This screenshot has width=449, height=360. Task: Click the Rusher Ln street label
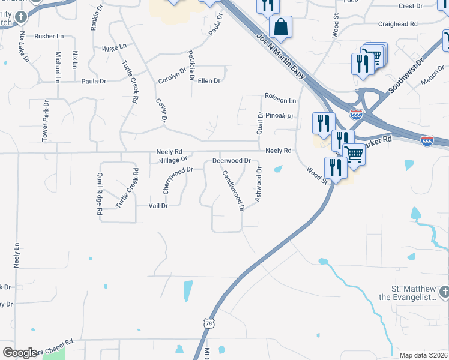[x=49, y=36]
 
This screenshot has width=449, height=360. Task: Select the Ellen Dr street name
[x=209, y=80]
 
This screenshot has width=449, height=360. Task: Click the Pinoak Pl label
[x=279, y=116]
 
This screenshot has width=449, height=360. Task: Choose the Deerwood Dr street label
[x=231, y=161]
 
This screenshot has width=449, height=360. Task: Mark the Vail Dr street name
[x=158, y=205]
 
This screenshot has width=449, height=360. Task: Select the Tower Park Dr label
[x=45, y=121]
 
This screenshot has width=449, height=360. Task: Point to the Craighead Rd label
[x=397, y=24]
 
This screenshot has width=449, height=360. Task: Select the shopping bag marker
[x=280, y=27]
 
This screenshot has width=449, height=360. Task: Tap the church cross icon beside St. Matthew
[x=444, y=292]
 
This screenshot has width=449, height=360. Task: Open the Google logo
[x=20, y=353]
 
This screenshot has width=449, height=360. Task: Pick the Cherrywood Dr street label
[x=178, y=180]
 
